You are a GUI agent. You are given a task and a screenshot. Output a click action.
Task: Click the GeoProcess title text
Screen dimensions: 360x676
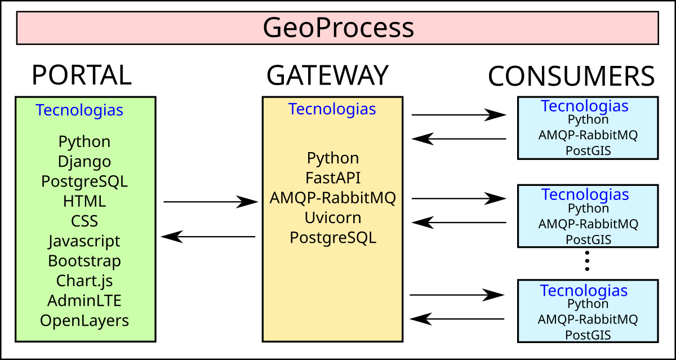[338, 28]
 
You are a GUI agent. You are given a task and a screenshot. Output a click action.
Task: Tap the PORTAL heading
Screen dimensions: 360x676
[82, 75]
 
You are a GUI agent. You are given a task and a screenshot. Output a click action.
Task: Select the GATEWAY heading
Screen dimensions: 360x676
[327, 75]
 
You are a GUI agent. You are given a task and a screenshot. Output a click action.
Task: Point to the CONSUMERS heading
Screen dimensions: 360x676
[571, 76]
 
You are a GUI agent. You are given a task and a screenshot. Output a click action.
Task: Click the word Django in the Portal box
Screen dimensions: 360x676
[84, 162]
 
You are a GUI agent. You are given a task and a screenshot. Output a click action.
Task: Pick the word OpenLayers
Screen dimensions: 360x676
[84, 321]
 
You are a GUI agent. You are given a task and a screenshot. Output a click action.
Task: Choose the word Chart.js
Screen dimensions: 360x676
[84, 280]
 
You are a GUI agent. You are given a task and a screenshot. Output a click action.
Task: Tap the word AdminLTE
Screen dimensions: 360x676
[84, 300]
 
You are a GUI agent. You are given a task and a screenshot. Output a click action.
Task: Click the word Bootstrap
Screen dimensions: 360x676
[84, 261]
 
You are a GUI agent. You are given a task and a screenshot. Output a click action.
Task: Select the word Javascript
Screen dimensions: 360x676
[84, 241]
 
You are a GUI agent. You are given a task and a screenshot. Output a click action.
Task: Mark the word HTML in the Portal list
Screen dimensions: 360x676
[84, 201]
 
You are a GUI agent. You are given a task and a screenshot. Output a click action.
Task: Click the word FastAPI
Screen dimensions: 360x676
[333, 178]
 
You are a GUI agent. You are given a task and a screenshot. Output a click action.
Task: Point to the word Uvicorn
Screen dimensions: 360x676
[333, 217]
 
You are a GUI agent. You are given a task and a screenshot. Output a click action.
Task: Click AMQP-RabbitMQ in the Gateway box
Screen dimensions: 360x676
[333, 198]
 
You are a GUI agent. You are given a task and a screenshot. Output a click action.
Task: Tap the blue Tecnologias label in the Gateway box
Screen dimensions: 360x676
[332, 109]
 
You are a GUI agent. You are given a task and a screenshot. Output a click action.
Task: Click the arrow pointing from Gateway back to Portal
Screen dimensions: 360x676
[208, 237]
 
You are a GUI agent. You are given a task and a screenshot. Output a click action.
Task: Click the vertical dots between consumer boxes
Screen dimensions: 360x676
[587, 261]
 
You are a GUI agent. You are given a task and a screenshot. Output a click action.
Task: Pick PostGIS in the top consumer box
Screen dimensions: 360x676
[588, 150]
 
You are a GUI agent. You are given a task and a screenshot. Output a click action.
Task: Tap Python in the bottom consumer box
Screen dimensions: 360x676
[588, 304]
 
